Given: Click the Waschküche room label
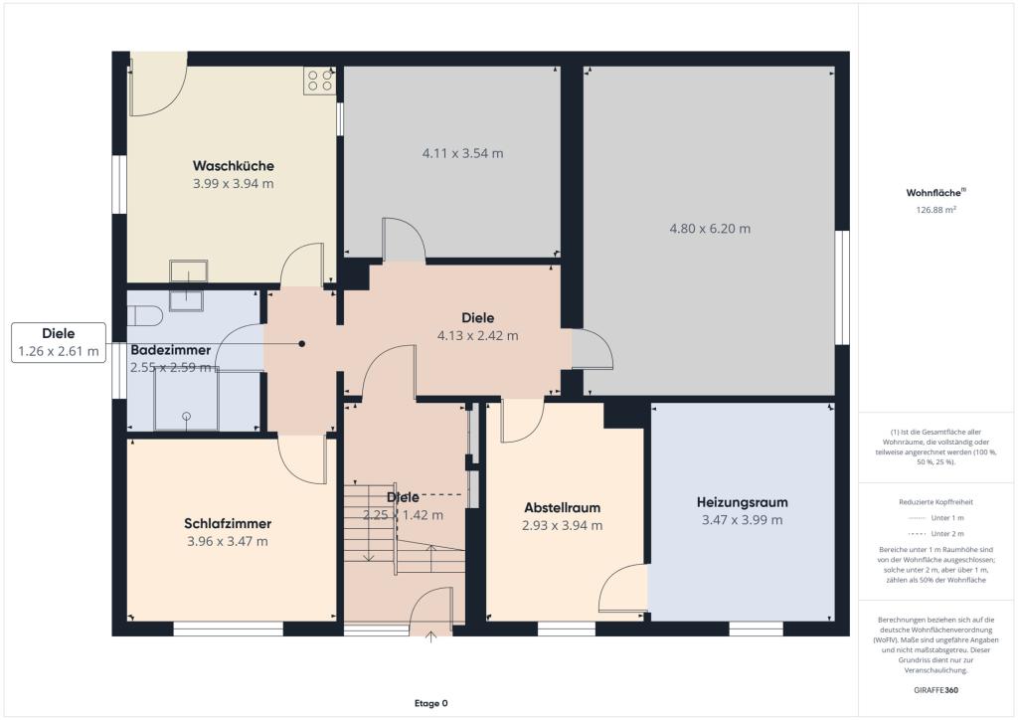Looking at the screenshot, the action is click(233, 165).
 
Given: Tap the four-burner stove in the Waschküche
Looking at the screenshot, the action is click(319, 81).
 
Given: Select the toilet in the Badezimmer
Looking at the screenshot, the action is click(144, 315).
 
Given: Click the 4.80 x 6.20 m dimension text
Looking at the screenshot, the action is click(710, 229).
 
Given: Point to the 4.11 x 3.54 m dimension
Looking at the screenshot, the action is click(463, 153).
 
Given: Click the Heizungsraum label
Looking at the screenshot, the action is click(742, 502).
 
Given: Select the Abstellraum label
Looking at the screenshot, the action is click(563, 508).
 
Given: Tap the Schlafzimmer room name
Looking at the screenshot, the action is click(228, 523).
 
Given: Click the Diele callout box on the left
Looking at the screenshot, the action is click(59, 342).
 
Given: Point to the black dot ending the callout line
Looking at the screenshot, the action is click(302, 343).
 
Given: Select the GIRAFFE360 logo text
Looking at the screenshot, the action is click(935, 690).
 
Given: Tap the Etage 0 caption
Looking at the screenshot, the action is click(431, 703).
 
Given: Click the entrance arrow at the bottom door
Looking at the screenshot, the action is click(430, 636).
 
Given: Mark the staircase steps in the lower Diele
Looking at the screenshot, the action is click(404, 528).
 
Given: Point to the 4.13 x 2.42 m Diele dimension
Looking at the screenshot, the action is click(478, 336).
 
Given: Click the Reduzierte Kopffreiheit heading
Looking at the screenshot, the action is click(935, 502).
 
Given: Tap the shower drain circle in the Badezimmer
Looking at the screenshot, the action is click(187, 416).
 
